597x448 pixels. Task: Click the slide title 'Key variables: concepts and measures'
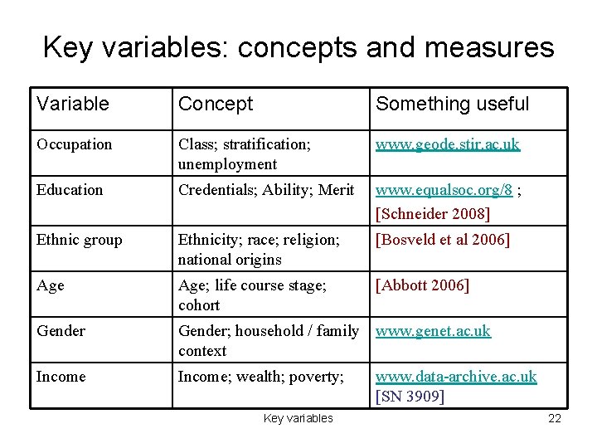298,47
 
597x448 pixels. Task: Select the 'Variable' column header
72,104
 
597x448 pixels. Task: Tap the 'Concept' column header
216,104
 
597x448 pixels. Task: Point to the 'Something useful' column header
452,104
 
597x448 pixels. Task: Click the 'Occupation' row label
74,144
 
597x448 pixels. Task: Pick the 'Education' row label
70,190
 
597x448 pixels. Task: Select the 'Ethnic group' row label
79,240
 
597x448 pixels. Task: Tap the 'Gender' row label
61,331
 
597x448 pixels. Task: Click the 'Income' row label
61,377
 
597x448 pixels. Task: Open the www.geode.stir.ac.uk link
448,144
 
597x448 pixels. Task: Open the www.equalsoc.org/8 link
444,190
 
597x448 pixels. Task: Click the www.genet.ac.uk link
433,331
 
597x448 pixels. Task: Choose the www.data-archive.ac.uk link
456,377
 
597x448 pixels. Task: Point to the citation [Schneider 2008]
433,214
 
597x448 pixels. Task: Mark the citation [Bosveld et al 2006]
443,240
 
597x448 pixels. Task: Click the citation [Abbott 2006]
422,285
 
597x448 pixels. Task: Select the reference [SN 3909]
410,397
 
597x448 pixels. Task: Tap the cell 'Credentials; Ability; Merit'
266,190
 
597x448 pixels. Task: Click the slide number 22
555,418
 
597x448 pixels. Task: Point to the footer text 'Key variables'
298,418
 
